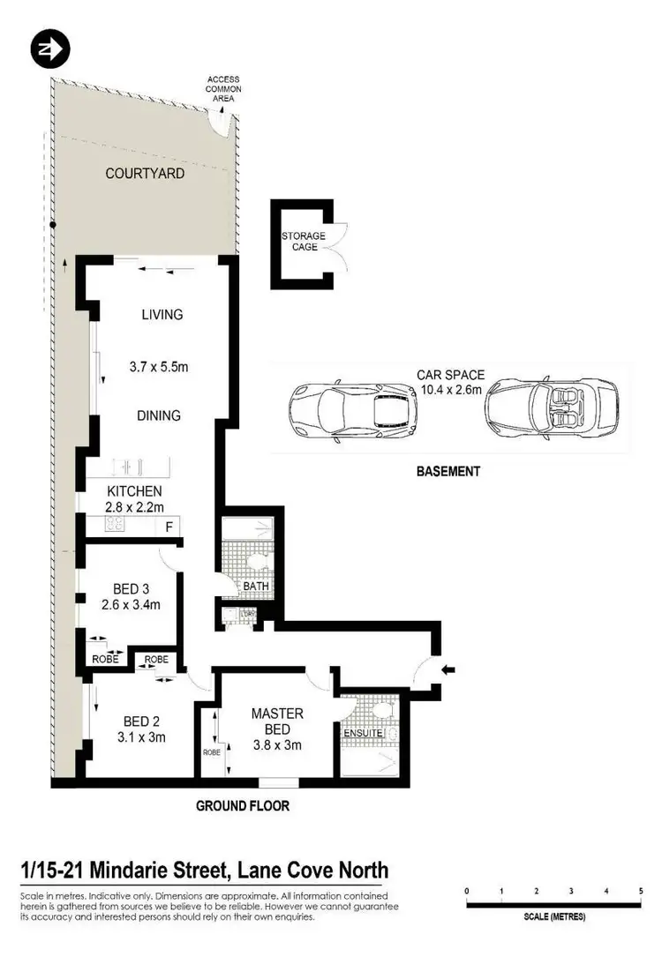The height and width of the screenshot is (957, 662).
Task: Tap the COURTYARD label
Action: (145, 174)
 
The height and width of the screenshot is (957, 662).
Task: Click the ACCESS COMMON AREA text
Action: (223, 89)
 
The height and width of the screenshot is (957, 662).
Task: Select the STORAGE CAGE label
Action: (303, 242)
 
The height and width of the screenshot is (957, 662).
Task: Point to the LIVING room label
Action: (162, 315)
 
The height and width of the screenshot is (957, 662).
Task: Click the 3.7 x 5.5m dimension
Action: (159, 367)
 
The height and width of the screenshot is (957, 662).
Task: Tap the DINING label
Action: (159, 415)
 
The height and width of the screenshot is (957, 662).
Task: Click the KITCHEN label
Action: (134, 490)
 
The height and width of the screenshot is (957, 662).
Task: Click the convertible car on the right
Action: (542, 409)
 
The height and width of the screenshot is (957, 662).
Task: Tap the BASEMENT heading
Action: (448, 471)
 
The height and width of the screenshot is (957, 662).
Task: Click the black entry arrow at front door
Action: (448, 671)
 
